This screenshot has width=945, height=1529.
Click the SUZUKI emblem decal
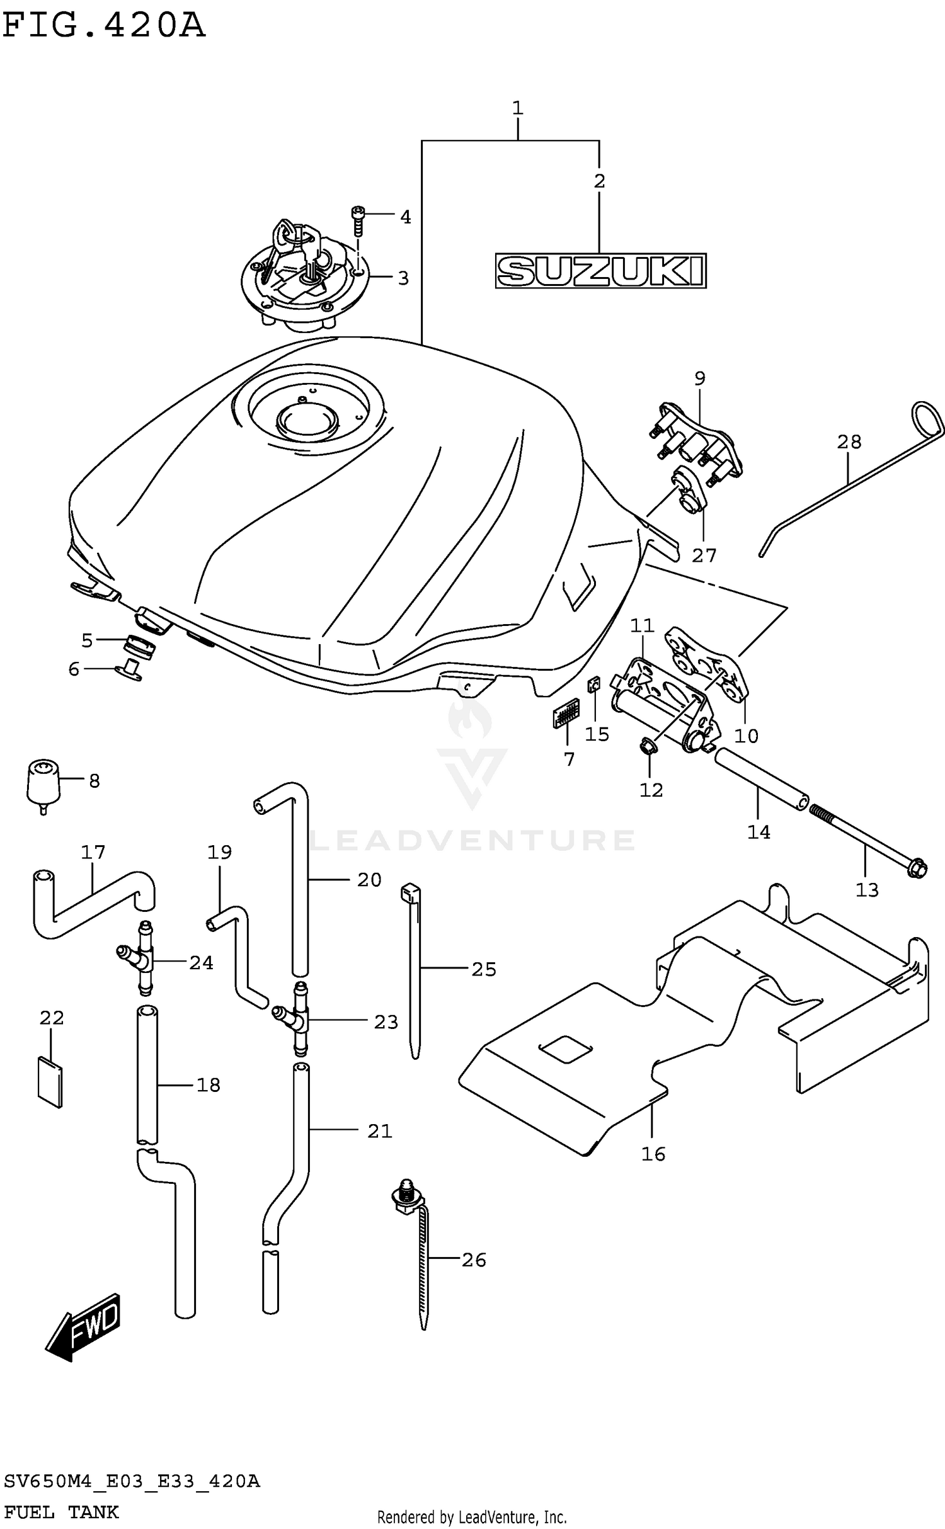click(x=600, y=271)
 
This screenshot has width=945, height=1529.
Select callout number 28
click(x=849, y=442)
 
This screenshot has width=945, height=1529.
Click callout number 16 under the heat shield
click(x=653, y=1154)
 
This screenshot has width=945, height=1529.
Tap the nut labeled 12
click(x=650, y=748)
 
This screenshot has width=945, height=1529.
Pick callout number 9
click(x=699, y=378)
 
